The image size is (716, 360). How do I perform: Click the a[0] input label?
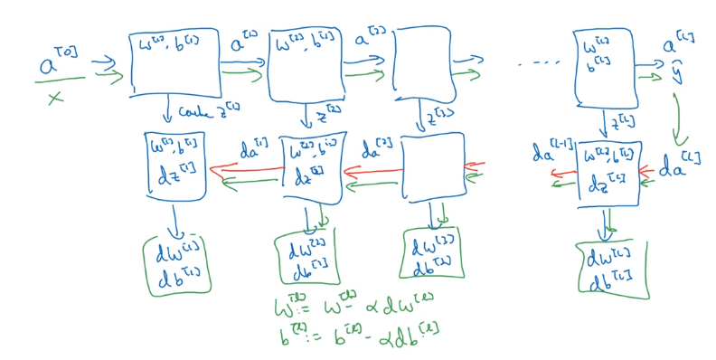pyautogui.click(x=56, y=62)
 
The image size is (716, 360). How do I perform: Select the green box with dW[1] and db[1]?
pyautogui.click(x=177, y=263)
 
